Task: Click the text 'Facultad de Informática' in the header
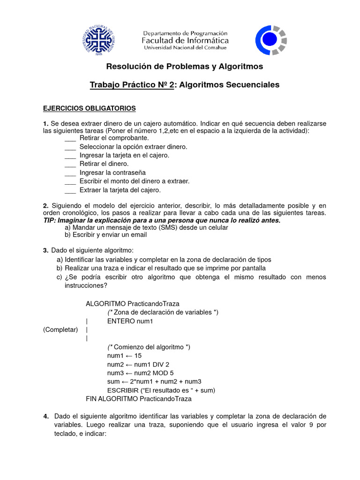coord(185,41)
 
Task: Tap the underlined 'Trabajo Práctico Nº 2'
coord(132,85)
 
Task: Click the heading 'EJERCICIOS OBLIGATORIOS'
coord(89,108)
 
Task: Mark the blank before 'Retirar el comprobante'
coord(70,138)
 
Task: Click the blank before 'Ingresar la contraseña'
coord(70,173)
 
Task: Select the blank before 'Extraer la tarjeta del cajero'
coord(70,190)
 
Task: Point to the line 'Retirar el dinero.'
coord(104,164)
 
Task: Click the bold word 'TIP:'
coord(49,220)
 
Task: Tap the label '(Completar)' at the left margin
coord(60,330)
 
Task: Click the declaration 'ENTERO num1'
coord(130,321)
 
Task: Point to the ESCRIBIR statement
coord(161,390)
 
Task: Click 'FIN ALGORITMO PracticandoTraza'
coord(139,399)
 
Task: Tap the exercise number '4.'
coord(46,416)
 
